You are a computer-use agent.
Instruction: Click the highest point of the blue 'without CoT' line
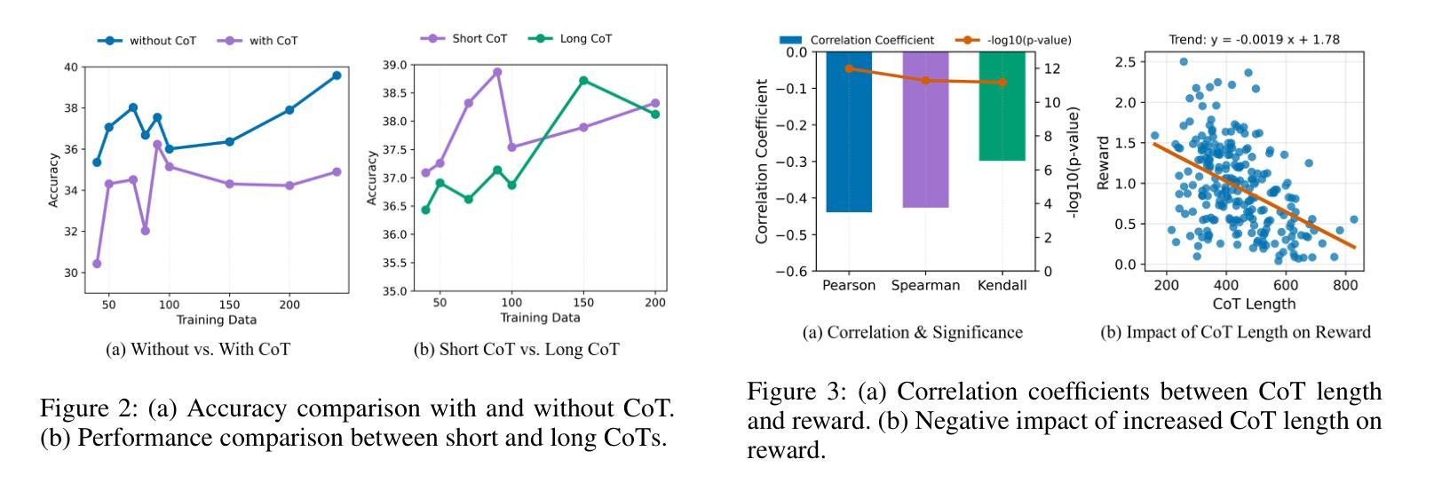point(337,75)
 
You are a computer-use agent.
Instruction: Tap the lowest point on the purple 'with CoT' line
point(97,264)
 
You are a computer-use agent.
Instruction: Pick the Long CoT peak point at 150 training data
point(583,81)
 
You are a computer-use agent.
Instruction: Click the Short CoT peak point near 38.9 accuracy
point(497,72)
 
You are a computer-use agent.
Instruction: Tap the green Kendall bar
point(1002,106)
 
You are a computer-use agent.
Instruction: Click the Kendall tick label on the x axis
point(1002,286)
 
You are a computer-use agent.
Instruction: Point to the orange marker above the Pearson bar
point(849,68)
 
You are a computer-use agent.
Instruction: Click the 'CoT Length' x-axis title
point(1254,304)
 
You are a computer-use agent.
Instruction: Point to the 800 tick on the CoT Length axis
point(1345,285)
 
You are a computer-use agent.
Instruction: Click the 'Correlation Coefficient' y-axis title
point(762,161)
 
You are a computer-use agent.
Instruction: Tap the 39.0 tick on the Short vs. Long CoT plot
point(395,65)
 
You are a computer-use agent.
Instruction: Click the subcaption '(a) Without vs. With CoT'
point(197,350)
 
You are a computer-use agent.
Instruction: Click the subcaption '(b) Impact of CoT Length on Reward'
point(1236,333)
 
